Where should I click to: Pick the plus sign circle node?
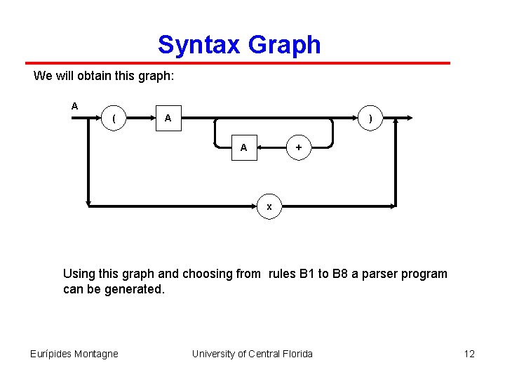click(299, 148)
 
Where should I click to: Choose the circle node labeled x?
click(269, 207)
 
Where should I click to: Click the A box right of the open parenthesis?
click(168, 119)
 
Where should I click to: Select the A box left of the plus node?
click(243, 148)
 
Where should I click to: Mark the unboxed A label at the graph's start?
click(74, 106)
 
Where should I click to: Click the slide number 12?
click(469, 354)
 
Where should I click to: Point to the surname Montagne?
click(96, 354)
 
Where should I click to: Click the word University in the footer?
click(215, 354)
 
